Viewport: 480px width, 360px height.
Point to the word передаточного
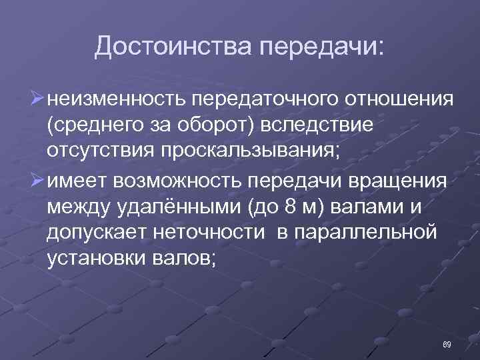[267, 100]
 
